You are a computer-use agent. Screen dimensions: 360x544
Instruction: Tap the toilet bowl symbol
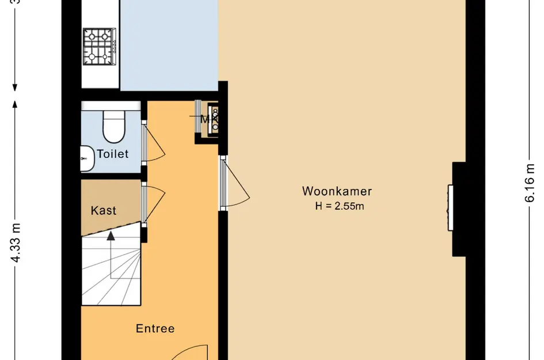pos(113,127)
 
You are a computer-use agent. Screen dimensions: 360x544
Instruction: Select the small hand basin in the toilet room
pos(86,158)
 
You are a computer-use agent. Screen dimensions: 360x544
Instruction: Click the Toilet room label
pos(112,154)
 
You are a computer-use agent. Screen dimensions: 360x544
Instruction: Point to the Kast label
pos(104,211)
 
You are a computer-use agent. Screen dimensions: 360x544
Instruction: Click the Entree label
pos(155,329)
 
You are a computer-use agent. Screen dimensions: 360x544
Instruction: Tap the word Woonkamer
pos(337,191)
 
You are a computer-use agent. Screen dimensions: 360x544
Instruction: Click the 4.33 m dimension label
pos(17,242)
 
